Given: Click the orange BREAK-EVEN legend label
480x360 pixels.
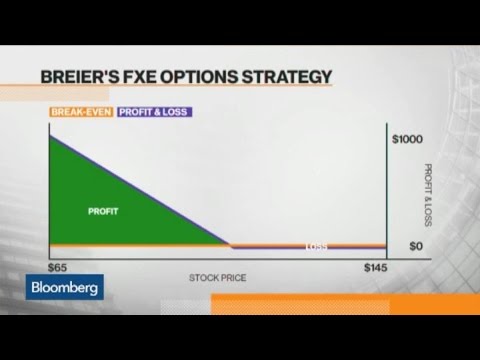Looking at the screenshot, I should coord(81,113).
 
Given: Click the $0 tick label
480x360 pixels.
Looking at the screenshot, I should coord(417,245).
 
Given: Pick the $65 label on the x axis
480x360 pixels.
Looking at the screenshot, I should coord(59,268).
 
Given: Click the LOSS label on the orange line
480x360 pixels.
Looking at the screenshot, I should coord(316,246).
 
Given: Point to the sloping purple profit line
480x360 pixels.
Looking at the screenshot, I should coord(140,189).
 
